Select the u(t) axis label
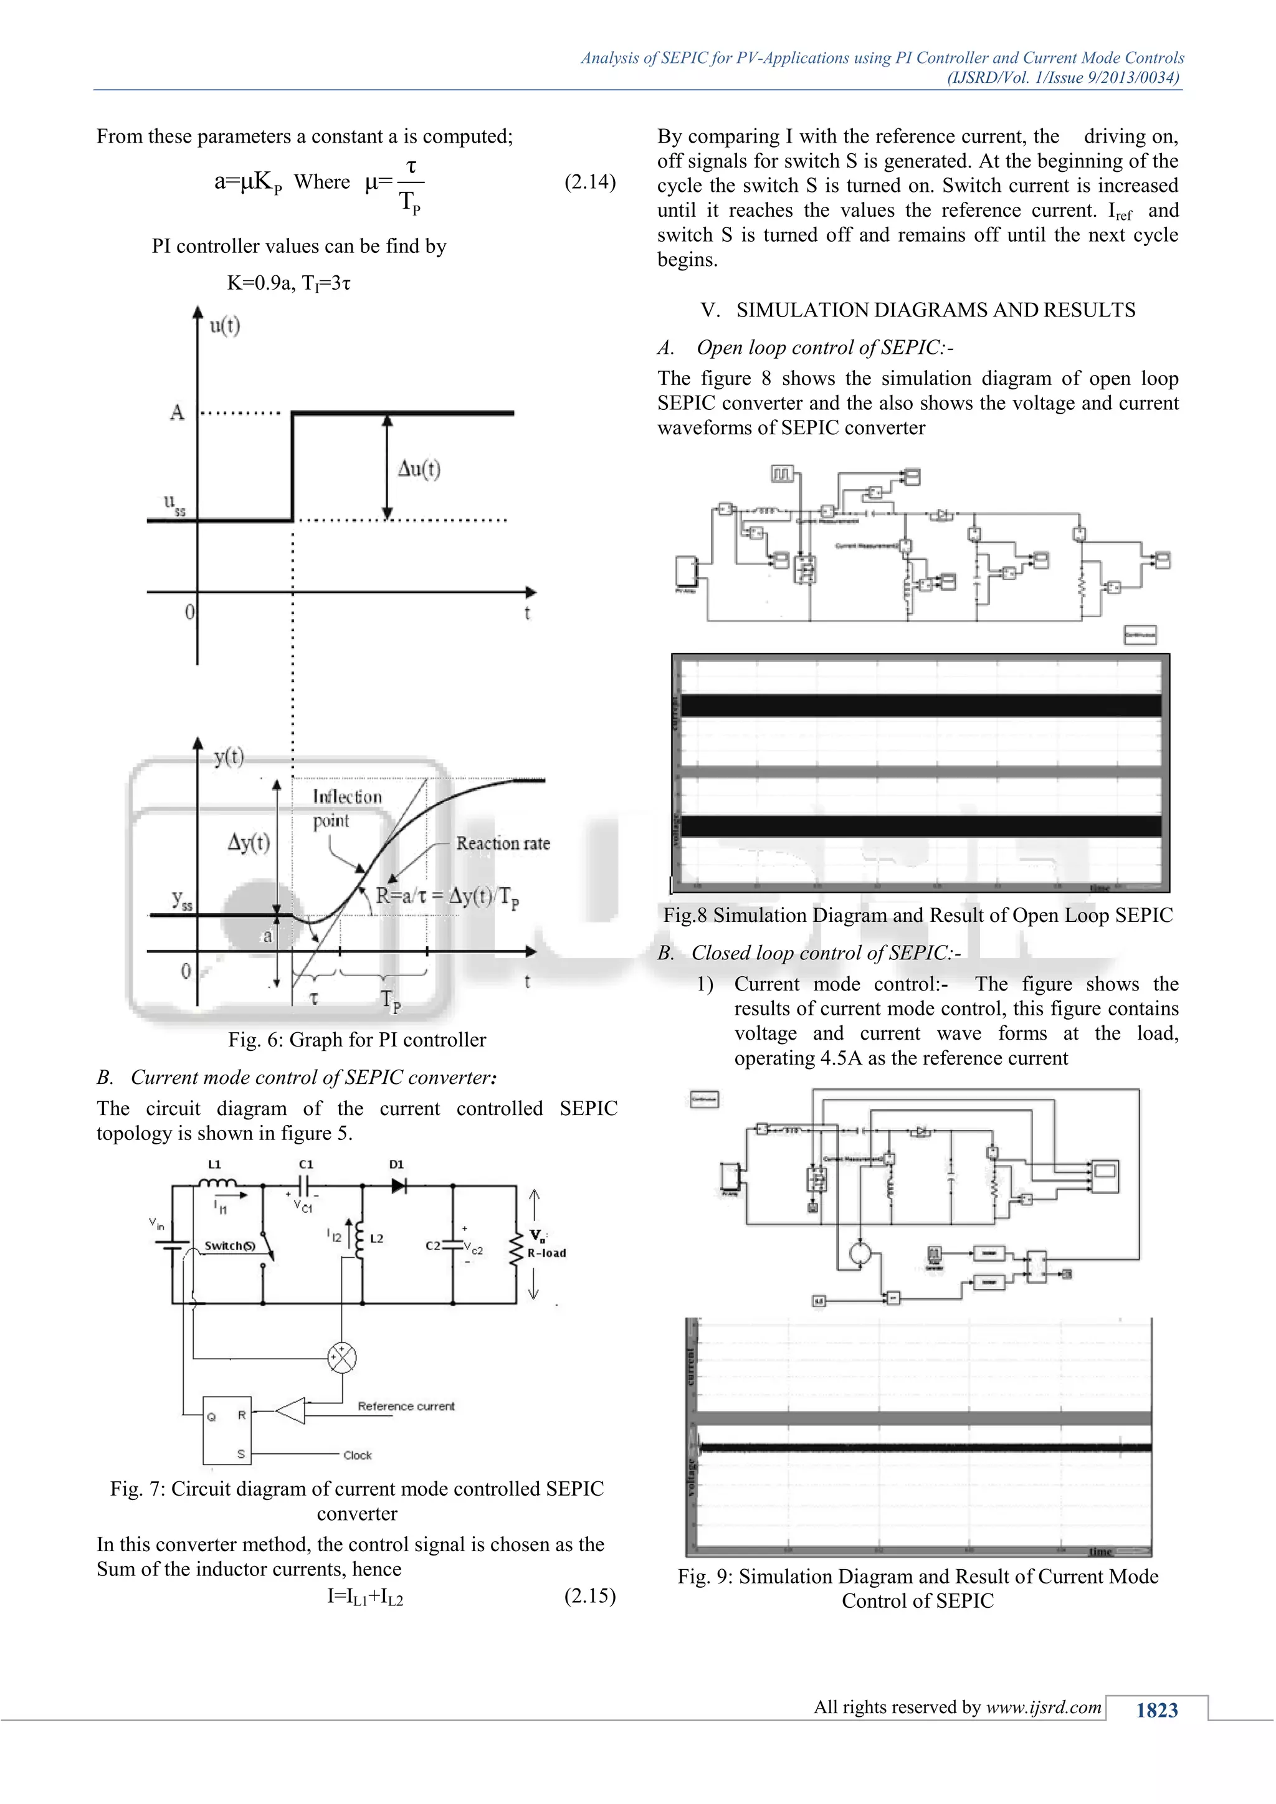(225, 325)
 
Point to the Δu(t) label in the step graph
(419, 469)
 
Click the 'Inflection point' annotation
(346, 808)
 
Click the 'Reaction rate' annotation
(503, 843)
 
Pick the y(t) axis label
(229, 756)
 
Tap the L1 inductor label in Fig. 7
(214, 1164)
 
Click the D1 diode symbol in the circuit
(398, 1185)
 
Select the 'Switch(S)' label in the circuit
(229, 1245)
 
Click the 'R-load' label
(546, 1253)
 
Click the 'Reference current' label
(406, 1406)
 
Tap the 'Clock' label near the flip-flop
(358, 1455)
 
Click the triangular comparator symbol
(292, 1411)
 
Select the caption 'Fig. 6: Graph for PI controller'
(357, 1040)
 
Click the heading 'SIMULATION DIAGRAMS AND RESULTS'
(935, 310)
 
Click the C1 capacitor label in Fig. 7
(306, 1164)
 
